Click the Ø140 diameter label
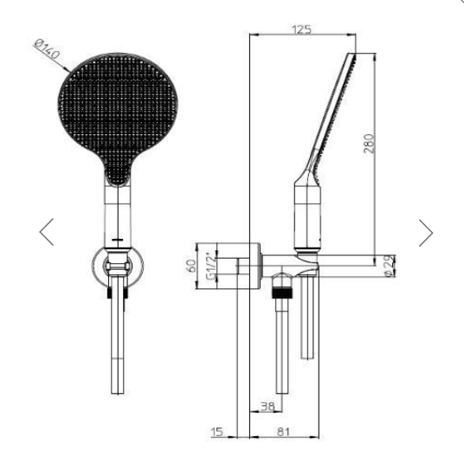(48, 49)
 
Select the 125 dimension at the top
(301, 29)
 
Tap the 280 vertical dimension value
(369, 144)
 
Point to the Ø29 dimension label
(390, 266)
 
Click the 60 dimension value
(192, 266)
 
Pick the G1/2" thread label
(211, 267)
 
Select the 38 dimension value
(267, 406)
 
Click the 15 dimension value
(217, 432)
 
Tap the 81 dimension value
(283, 432)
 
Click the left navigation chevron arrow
(47, 232)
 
